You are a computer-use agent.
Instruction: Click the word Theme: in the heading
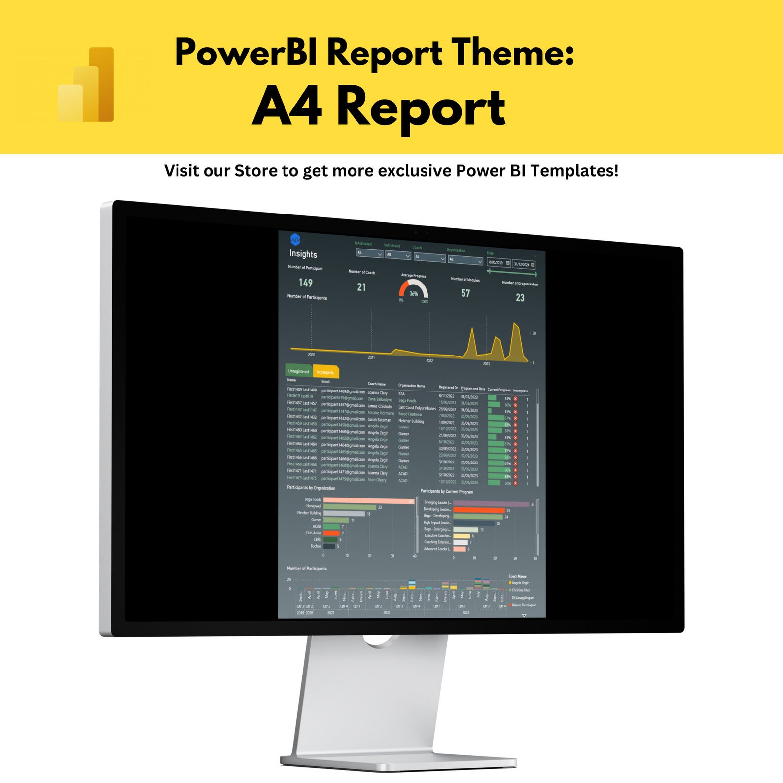pyautogui.click(x=513, y=52)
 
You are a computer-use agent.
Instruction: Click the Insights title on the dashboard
pyautogui.click(x=303, y=254)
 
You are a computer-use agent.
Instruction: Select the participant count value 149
pyautogui.click(x=305, y=283)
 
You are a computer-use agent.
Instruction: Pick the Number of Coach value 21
pyautogui.click(x=361, y=287)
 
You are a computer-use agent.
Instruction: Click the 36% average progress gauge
pyautogui.click(x=413, y=290)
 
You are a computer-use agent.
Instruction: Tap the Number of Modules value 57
pyautogui.click(x=465, y=293)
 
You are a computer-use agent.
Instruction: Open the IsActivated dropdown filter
pyautogui.click(x=369, y=253)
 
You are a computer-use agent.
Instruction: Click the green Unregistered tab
pyautogui.click(x=299, y=371)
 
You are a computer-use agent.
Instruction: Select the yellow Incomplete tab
pyautogui.click(x=325, y=372)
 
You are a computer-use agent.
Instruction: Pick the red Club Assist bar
pyautogui.click(x=331, y=533)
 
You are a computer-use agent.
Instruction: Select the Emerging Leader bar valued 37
pyautogui.click(x=490, y=504)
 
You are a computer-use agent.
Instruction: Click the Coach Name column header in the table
pyautogui.click(x=377, y=384)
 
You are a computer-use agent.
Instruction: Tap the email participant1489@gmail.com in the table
pyautogui.click(x=343, y=391)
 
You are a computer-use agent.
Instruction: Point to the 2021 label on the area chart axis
pyautogui.click(x=371, y=357)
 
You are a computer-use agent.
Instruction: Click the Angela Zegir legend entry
pyautogui.click(x=519, y=583)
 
